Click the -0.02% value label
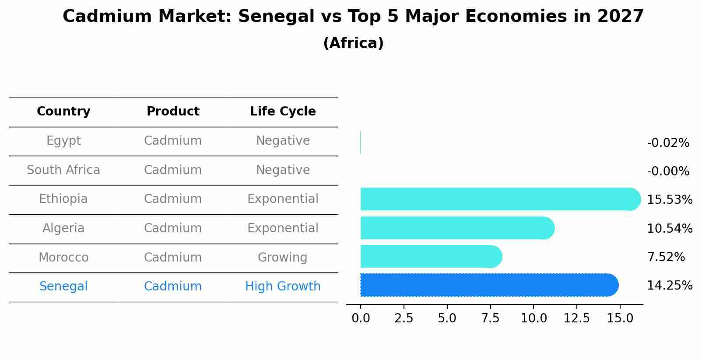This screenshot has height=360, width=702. (668, 143)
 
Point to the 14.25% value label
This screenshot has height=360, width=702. (669, 286)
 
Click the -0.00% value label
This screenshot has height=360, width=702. (668, 171)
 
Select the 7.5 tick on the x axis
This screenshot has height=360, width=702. (490, 318)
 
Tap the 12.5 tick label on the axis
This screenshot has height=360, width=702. (576, 318)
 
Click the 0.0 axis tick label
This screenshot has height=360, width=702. (361, 318)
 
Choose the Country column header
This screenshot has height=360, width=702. (63, 112)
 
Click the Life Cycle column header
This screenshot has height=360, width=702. (283, 112)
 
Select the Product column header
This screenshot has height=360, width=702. (173, 112)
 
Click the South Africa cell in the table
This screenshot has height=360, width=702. (63, 170)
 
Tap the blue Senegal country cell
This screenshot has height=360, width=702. (63, 287)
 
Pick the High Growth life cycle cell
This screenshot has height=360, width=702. (283, 287)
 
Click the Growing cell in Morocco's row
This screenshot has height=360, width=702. (282, 258)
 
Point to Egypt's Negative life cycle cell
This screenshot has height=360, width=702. (283, 141)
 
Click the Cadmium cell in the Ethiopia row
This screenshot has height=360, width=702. (173, 199)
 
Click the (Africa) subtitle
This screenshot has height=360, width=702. (353, 43)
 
